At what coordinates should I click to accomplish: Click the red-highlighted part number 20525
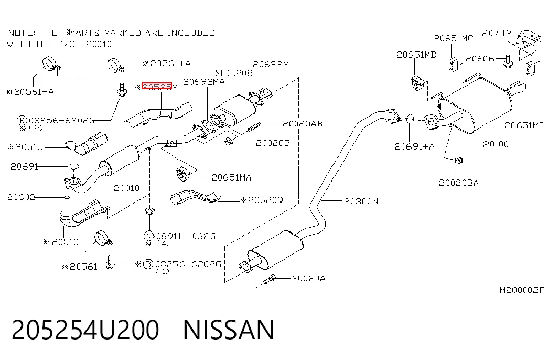(157, 87)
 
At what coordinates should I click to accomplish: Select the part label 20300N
(361, 201)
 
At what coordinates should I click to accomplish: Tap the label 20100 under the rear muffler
(496, 144)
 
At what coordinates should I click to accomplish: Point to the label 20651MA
(232, 178)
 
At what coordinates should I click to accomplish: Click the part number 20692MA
(204, 82)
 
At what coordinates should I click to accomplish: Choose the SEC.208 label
(234, 73)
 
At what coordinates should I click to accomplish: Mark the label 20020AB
(303, 123)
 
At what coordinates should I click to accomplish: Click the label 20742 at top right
(496, 33)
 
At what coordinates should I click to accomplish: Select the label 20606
(480, 58)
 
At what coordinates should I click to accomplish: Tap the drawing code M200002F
(522, 290)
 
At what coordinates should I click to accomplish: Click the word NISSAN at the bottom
(229, 330)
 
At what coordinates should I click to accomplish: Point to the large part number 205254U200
(85, 330)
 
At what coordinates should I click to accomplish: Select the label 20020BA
(458, 183)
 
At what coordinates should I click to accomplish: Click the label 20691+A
(414, 146)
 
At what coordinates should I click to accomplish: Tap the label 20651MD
(524, 125)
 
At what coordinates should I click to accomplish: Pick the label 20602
(22, 197)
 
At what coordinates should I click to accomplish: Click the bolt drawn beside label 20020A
(270, 279)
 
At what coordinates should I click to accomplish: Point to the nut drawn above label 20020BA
(459, 160)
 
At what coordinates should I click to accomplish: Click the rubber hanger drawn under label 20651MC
(453, 65)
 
